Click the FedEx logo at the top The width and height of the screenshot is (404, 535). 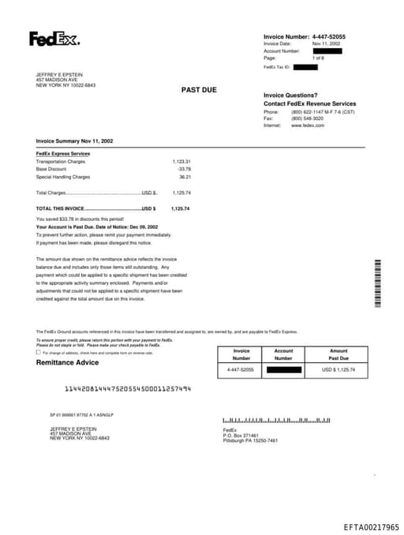tap(54, 39)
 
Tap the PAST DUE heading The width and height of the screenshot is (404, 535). tap(200, 90)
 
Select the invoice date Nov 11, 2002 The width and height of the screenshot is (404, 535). tap(327, 44)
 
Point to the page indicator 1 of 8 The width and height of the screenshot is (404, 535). tap(319, 58)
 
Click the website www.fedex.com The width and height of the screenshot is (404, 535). tap(309, 125)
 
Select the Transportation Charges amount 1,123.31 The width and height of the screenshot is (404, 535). tap(181, 161)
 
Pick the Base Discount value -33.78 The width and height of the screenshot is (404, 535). tap(184, 169)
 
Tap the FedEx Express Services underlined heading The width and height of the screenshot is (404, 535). tap(63, 153)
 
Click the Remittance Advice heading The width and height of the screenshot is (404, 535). tap(68, 362)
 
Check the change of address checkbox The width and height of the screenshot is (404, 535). tap(39, 353)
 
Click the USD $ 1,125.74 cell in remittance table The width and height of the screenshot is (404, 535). tap(339, 369)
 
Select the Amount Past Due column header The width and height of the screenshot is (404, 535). tap(339, 354)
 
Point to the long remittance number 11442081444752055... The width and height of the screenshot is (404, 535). tap(127, 389)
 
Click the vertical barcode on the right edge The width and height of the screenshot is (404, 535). tap(377, 284)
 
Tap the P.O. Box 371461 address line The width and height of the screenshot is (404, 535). tap(241, 435)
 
